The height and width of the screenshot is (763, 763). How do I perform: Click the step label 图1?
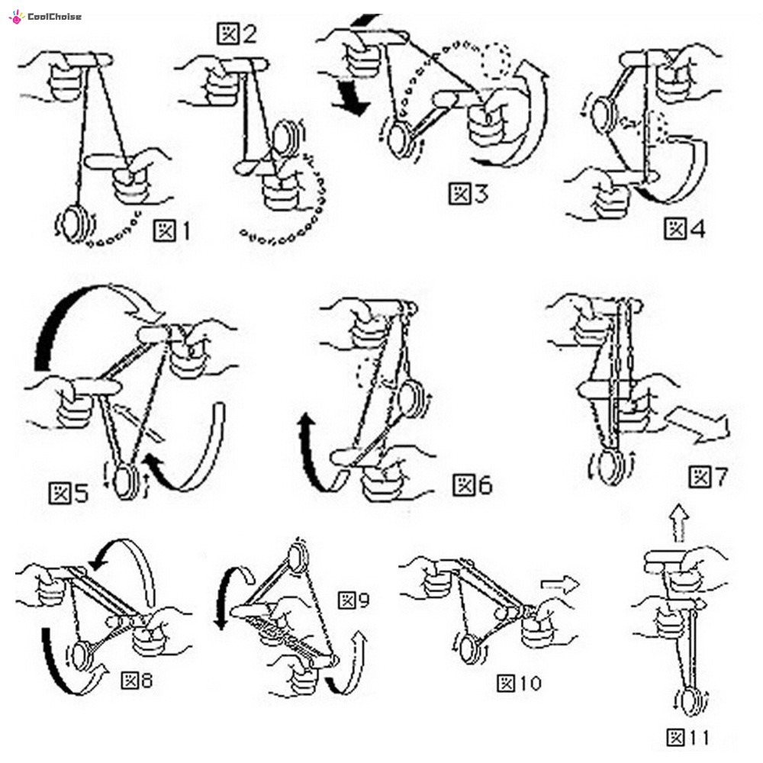pos(172,229)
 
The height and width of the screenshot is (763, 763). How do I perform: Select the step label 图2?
pos(237,34)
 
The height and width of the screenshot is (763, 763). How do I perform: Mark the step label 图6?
pos(472,485)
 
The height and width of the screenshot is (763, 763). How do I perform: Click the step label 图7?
pos(708,478)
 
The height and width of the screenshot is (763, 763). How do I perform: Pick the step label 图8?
pos(137,678)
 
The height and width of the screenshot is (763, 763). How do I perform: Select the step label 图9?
pos(354,600)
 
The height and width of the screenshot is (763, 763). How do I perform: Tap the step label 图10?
pos(519,683)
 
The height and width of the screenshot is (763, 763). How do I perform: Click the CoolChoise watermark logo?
pos(45,16)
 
